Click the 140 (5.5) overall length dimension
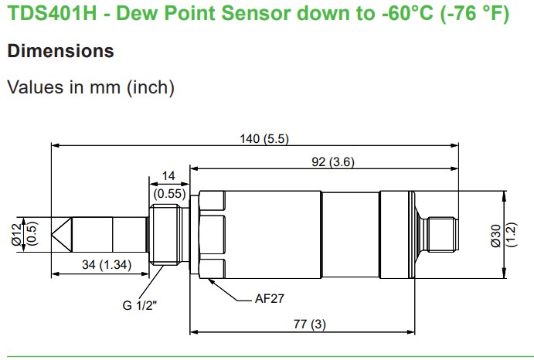click(x=264, y=139)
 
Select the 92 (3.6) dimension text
click(x=333, y=161)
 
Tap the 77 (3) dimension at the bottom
click(x=310, y=324)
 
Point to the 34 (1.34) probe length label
click(x=107, y=265)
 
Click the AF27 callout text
click(x=270, y=299)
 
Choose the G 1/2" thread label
click(x=140, y=305)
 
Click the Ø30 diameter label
click(x=496, y=235)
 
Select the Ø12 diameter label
click(x=16, y=235)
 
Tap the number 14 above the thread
click(x=168, y=176)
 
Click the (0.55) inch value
click(x=169, y=194)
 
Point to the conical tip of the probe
click(x=62, y=235)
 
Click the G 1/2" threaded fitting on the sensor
click(x=165, y=235)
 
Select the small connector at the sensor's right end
click(x=443, y=235)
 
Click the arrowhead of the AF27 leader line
click(x=212, y=282)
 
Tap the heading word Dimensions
click(x=60, y=51)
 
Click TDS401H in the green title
click(x=52, y=13)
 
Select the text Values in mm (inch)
click(x=91, y=87)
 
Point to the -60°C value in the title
click(x=408, y=13)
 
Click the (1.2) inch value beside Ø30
click(x=511, y=235)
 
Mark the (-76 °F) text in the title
click(x=475, y=14)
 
